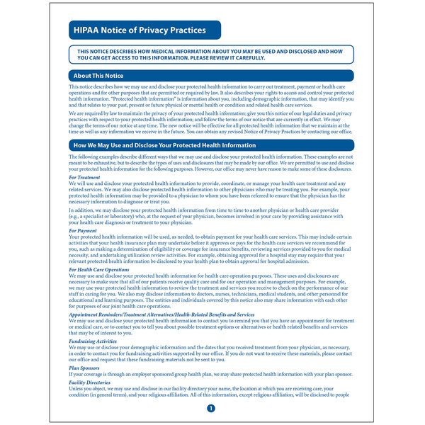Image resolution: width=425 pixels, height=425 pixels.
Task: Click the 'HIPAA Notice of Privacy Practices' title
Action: coord(140,30)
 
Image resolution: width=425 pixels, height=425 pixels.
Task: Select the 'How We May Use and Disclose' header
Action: coord(164,145)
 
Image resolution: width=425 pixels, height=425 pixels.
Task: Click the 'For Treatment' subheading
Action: coord(85,176)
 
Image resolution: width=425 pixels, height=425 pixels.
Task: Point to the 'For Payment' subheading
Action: coord(84,230)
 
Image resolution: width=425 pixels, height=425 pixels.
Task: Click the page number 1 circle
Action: coord(210,409)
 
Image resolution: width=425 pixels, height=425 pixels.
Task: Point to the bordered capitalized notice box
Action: coord(212,55)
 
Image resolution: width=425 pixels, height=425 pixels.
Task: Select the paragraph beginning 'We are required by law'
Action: coord(212,122)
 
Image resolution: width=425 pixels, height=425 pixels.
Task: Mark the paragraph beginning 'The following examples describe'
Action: coord(212,162)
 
